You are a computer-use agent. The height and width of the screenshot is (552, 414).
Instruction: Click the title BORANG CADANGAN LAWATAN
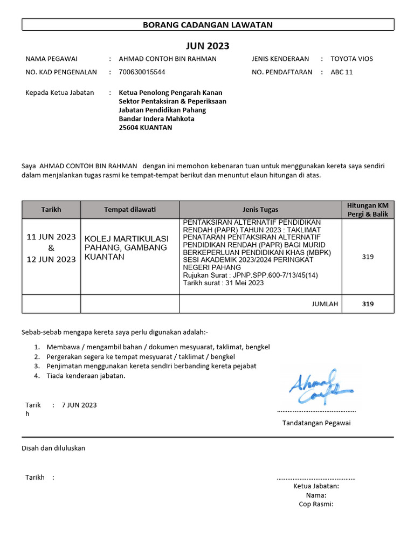click(208, 25)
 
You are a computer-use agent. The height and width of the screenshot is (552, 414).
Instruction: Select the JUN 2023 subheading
click(208, 46)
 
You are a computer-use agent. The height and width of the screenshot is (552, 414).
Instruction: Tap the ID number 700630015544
click(142, 72)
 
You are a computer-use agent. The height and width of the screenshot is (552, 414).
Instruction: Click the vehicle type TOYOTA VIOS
click(351, 59)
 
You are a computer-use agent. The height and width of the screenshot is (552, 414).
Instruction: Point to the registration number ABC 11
click(341, 72)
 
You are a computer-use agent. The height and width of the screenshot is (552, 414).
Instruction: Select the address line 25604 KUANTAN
click(146, 128)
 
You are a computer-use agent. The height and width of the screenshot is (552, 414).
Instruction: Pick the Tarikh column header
click(51, 210)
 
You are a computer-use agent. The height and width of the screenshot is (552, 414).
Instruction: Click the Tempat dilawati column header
click(129, 210)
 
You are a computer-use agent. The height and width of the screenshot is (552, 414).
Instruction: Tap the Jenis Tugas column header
click(260, 210)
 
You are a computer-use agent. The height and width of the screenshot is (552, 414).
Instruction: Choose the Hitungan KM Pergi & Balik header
click(368, 210)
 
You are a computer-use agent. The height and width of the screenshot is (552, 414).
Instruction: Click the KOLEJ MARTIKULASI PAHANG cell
click(127, 247)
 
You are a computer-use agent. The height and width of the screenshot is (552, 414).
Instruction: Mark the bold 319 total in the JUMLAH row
click(368, 304)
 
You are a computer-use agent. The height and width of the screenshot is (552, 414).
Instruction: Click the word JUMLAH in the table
click(325, 304)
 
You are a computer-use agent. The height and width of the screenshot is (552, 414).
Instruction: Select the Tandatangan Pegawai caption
click(316, 423)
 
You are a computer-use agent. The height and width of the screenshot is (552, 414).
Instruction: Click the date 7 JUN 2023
click(79, 405)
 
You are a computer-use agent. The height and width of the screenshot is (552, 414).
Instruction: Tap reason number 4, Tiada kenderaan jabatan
click(86, 376)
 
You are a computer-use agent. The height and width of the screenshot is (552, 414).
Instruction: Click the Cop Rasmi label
click(316, 504)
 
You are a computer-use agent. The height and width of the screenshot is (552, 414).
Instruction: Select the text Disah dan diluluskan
click(53, 448)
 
